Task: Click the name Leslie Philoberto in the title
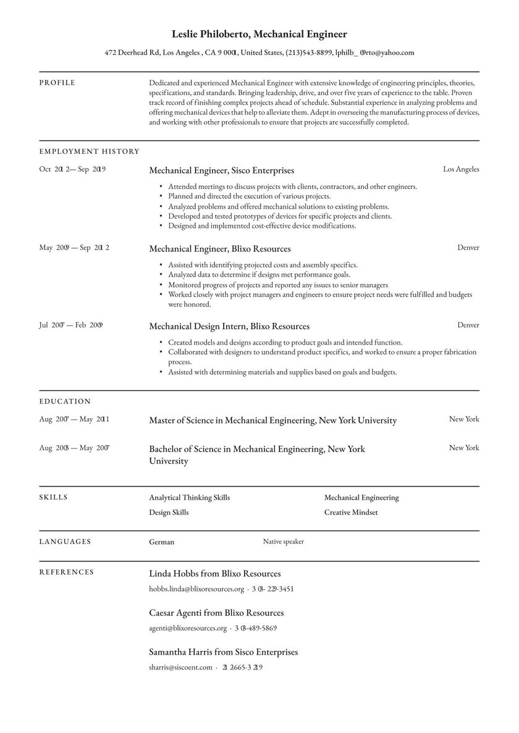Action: pos(211,35)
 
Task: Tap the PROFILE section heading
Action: pos(57,83)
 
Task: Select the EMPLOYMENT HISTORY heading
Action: pos(89,151)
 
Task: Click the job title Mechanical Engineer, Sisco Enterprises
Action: pos(221,170)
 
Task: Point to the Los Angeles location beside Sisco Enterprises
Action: pos(460,169)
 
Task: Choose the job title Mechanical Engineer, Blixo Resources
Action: pos(219,249)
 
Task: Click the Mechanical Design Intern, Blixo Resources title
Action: pos(229,326)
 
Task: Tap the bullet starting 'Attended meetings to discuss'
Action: pos(292,186)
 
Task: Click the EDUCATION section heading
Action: pos(65,401)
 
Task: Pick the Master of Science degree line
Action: pos(272,421)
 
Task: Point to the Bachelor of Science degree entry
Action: pos(256,454)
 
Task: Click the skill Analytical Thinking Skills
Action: pos(189,498)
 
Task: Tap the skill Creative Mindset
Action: pos(350,513)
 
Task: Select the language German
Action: pos(161,542)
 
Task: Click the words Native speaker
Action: pos(283,542)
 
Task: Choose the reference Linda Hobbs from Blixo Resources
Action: pos(214,574)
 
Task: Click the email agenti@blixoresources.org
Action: pos(188,628)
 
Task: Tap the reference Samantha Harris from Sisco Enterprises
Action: pos(223,652)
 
